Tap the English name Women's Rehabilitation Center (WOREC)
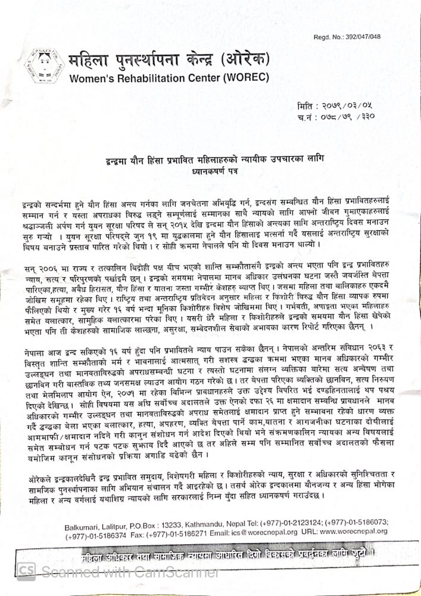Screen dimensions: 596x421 click(170, 78)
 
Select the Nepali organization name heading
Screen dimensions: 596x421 click(170, 61)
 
